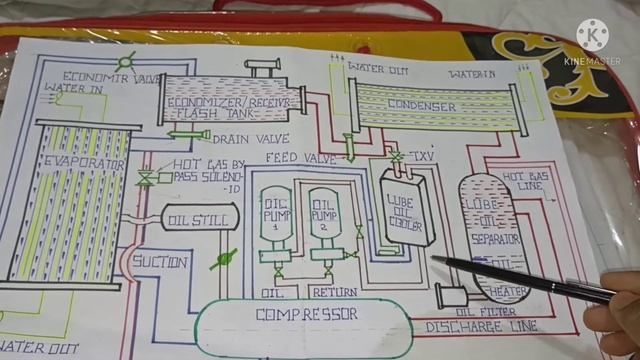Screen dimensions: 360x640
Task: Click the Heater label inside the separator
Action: pyautogui.click(x=506, y=291)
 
